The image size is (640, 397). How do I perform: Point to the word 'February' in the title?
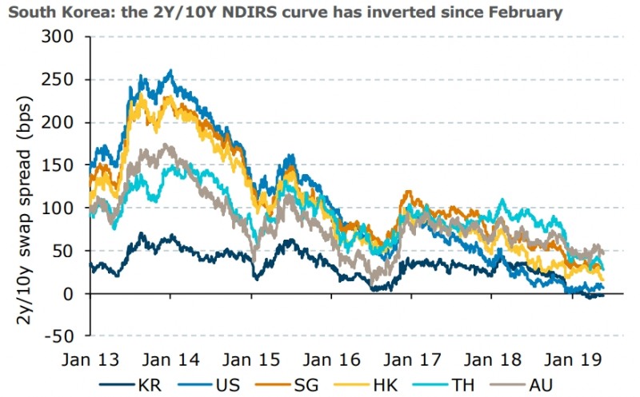point(518,11)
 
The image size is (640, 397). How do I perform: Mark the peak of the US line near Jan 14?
point(170,71)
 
